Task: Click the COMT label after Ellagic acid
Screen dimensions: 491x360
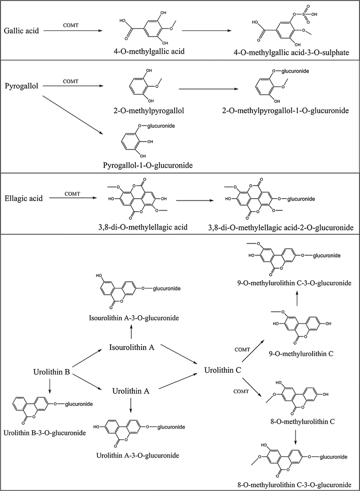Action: click(73, 193)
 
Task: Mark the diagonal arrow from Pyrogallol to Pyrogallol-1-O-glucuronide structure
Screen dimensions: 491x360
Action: click(78, 114)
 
